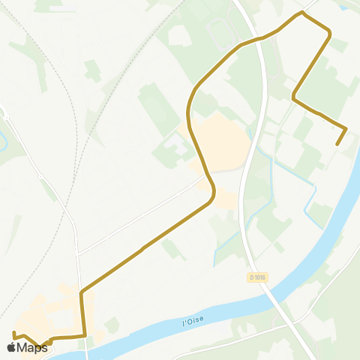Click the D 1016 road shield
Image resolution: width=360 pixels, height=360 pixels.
258,277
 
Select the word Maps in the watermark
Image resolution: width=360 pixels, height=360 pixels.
32,347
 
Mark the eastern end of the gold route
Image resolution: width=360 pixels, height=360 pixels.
337,144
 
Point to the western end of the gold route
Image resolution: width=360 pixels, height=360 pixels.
14,331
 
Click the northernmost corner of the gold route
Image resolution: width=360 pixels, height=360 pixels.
302,12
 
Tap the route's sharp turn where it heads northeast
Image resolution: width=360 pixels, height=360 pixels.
81,289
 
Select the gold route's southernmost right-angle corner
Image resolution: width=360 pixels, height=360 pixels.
85,335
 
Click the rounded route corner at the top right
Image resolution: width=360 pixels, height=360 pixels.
329,30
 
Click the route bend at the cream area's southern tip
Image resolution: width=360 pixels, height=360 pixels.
214,193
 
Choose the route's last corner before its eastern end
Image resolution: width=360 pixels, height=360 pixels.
346,128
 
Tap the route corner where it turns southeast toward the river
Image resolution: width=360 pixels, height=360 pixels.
293,97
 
